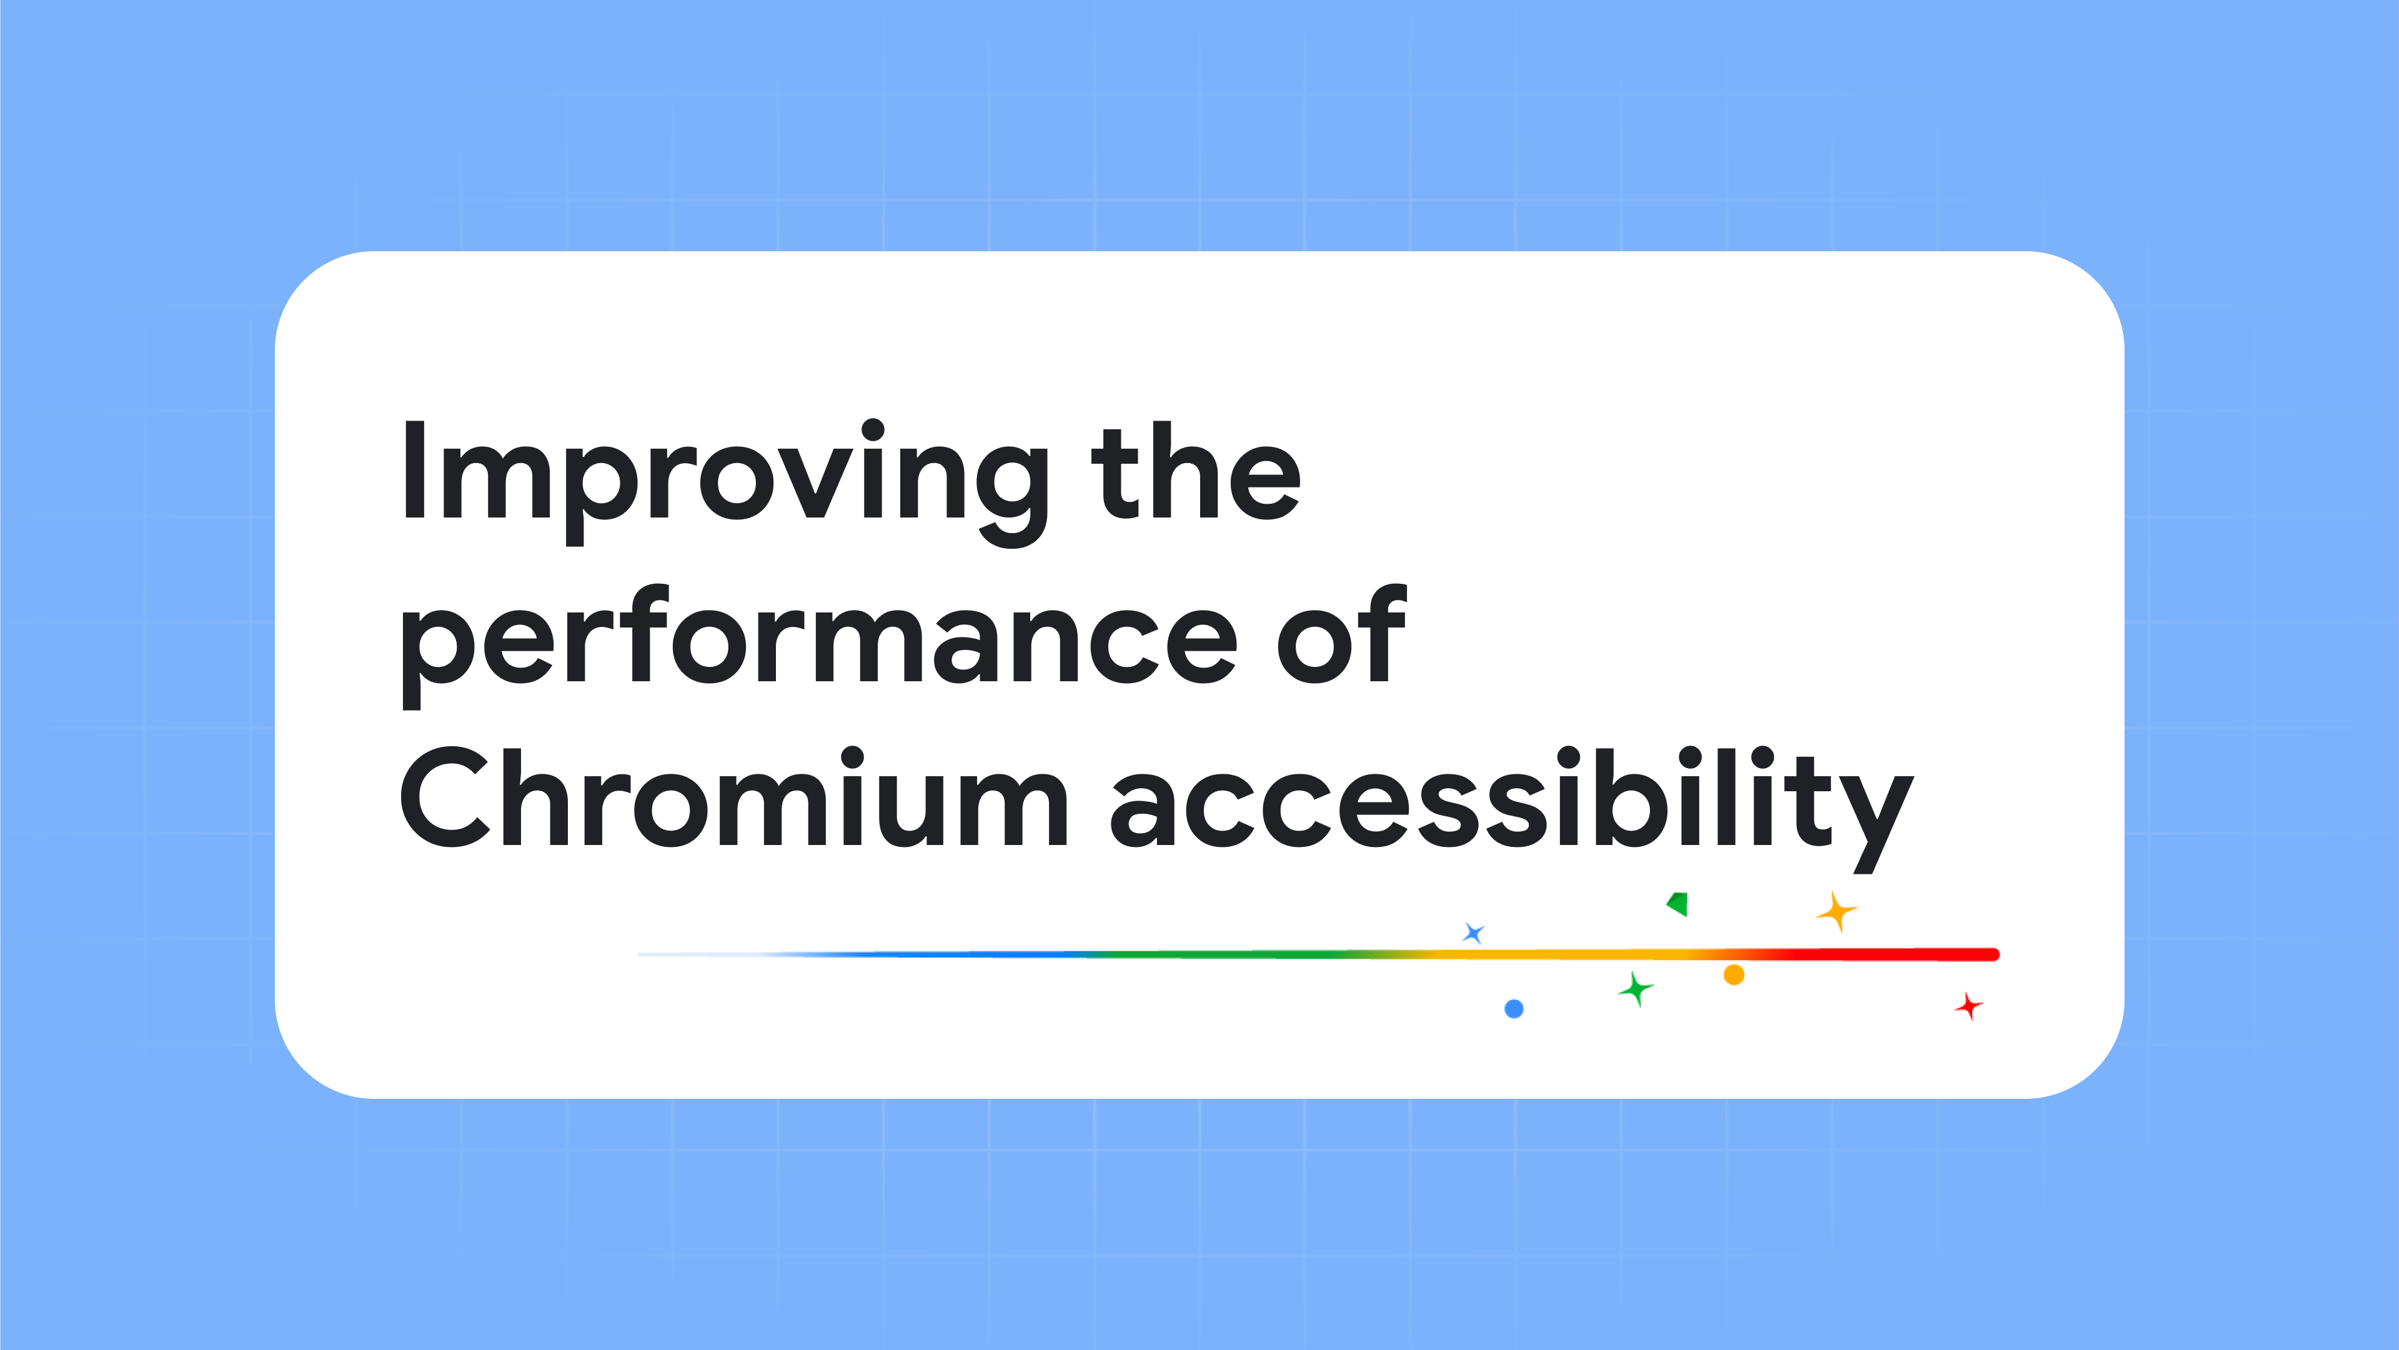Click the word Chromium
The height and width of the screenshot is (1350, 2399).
(734, 797)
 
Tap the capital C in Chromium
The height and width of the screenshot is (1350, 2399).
(445, 797)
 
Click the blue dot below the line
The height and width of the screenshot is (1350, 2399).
(1514, 1009)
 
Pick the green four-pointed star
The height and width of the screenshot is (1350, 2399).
(1636, 989)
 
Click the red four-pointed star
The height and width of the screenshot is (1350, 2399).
(1969, 1006)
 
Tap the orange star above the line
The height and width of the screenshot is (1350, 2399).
(1837, 911)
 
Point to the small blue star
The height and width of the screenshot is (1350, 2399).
(1473, 932)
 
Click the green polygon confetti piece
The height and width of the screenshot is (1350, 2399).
(1678, 904)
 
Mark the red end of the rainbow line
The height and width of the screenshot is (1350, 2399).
(1995, 954)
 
